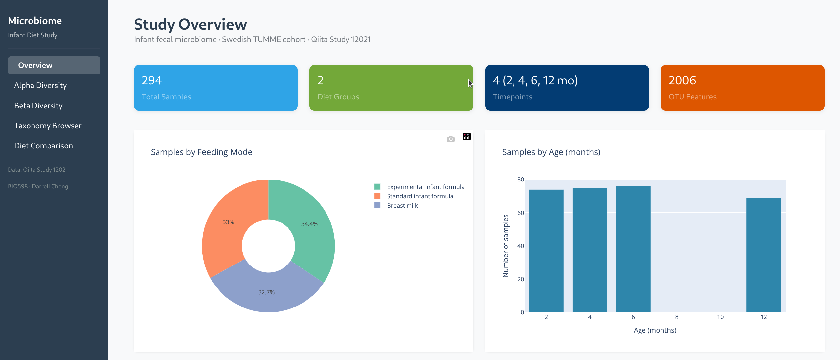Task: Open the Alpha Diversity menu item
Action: point(40,85)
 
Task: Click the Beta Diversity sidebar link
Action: point(38,106)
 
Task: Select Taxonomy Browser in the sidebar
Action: point(48,126)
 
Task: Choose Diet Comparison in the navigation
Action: point(44,146)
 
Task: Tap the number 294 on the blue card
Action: point(152,80)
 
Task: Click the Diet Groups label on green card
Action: point(338,97)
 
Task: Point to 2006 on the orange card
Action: point(682,80)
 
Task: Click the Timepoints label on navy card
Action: point(513,97)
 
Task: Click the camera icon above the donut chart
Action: point(451,139)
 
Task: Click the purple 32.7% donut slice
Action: point(266,292)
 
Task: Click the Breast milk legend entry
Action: point(402,206)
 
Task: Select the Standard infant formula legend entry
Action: point(420,196)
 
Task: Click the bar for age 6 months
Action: point(633,249)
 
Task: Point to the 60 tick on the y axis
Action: point(520,213)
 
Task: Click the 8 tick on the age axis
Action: point(677,317)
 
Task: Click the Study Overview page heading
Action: point(190,24)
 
